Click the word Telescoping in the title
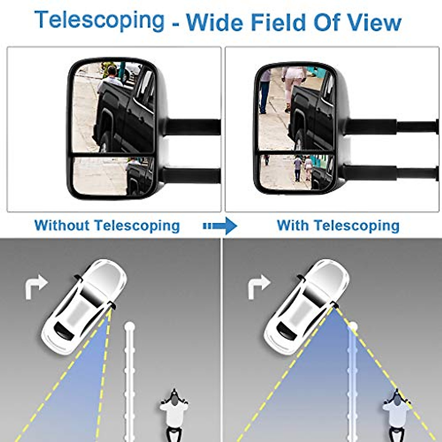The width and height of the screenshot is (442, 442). pos(100,21)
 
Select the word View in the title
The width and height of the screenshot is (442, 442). pos(371,22)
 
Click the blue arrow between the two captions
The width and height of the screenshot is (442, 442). pos(220,226)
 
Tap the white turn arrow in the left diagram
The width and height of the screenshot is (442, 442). pos(36,287)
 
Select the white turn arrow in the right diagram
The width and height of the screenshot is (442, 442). pos(259,287)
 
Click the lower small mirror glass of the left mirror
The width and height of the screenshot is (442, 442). pos(113,176)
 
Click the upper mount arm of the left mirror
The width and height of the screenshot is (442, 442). pos(193,126)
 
